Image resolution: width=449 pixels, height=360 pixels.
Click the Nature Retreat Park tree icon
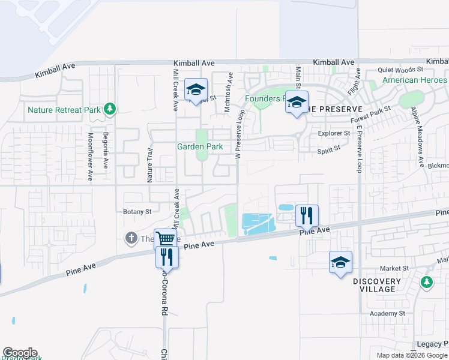pos(109,109)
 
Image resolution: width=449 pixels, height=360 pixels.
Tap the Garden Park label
pos(200,146)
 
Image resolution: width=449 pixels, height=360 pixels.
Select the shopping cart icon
pos(166,239)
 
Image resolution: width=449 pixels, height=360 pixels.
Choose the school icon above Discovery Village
pos(340,262)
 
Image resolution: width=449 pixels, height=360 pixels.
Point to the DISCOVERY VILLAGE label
pos(376,285)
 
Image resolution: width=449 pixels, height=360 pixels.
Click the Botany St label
pos(137,212)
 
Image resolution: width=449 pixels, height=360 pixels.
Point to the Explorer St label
pos(335,133)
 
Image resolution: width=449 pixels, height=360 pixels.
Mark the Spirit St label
pos(329,152)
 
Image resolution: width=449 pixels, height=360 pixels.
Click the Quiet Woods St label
pos(401,70)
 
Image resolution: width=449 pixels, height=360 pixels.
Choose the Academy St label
pos(384,313)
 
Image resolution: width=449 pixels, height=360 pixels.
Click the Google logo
pos(20,353)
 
